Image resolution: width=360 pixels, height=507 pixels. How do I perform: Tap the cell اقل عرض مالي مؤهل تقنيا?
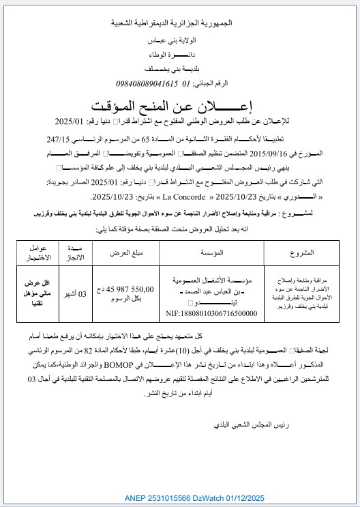click(x=33, y=294)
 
